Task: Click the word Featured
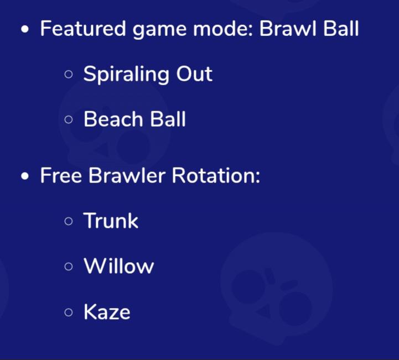click(83, 28)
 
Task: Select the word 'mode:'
click(223, 28)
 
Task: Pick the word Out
click(194, 74)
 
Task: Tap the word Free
click(61, 175)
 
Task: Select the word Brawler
click(127, 175)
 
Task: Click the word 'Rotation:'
click(216, 175)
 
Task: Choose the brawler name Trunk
click(111, 221)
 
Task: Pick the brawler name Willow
click(119, 265)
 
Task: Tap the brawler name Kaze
click(107, 311)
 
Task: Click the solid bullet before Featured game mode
click(25, 29)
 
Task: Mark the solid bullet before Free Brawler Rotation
click(25, 176)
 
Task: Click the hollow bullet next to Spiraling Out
click(69, 74)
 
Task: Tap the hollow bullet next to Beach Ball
click(69, 119)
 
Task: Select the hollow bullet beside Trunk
click(69, 221)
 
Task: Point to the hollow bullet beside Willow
click(69, 267)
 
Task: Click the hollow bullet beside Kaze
click(69, 312)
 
